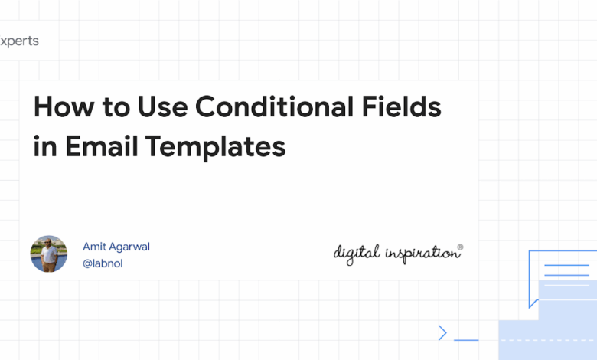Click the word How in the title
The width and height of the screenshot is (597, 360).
[64, 106]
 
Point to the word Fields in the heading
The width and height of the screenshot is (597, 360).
[401, 106]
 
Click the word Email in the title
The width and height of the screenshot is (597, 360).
[102, 146]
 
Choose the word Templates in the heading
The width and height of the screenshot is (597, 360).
[215, 147]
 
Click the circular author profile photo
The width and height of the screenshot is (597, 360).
[49, 254]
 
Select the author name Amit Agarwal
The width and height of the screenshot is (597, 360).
[116, 247]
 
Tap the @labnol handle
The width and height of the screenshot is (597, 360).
[103, 263]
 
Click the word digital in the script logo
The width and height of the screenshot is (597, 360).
[357, 254]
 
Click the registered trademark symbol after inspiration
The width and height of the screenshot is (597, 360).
[460, 247]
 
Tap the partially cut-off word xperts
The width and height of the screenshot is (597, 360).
[19, 41]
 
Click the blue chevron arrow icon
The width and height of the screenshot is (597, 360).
[442, 333]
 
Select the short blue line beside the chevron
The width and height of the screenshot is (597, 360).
[466, 340]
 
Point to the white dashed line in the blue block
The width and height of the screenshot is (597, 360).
[549, 340]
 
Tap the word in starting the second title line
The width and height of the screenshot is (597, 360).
[45, 146]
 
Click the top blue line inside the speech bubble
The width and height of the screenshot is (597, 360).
[567, 265]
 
